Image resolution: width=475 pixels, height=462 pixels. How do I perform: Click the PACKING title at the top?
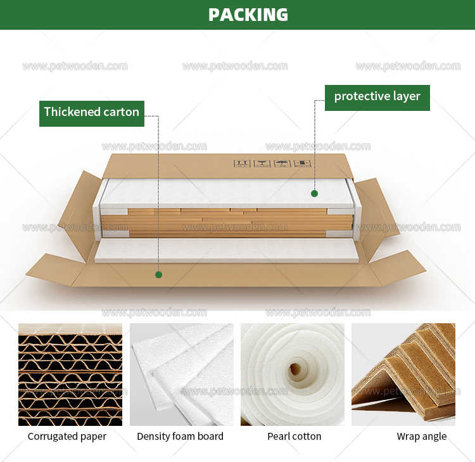[x=248, y=15]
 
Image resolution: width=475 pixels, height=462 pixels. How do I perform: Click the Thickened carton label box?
[x=91, y=113]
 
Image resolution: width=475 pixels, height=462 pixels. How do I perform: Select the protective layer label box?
[x=377, y=97]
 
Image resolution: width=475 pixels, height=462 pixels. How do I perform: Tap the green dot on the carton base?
[x=158, y=274]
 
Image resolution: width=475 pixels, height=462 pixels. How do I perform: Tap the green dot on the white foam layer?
[x=313, y=193]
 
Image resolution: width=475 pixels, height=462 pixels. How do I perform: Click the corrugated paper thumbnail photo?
[x=70, y=374]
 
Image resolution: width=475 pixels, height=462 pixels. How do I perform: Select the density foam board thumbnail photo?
[x=181, y=374]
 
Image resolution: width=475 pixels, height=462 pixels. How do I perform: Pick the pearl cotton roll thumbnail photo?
[x=292, y=374]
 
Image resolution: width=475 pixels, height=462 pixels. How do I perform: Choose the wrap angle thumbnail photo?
[x=403, y=374]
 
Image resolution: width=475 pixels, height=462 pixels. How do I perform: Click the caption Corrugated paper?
[x=66, y=437]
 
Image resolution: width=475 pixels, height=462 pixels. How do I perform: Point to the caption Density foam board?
[x=180, y=437]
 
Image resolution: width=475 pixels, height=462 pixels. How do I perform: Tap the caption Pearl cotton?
[x=294, y=437]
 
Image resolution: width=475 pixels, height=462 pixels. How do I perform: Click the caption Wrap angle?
[x=421, y=437]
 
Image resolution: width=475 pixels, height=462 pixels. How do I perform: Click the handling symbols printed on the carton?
[x=272, y=164]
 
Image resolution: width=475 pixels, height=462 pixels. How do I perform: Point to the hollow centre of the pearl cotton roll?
[x=295, y=369]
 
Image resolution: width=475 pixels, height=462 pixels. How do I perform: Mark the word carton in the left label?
[x=122, y=113]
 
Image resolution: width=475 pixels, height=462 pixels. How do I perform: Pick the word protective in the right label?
[x=362, y=97]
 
